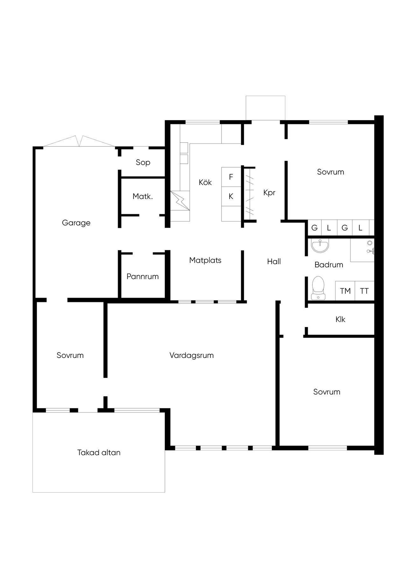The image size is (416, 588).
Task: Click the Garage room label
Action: coord(76,223)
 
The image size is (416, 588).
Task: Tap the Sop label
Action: coord(143,163)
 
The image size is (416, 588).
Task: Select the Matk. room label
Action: coord(143,197)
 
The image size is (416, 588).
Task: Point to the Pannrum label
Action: coord(143,277)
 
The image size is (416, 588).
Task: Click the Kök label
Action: coord(205,182)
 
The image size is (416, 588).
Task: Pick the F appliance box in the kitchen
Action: coord(231,177)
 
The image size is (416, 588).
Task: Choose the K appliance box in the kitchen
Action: coord(231,196)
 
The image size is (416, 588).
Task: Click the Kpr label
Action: coord(269,193)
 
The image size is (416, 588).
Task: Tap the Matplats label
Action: coord(205,260)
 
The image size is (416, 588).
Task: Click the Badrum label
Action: coord(329,265)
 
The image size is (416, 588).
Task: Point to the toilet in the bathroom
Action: coord(318,288)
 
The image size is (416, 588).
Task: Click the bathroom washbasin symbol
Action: coord(320,245)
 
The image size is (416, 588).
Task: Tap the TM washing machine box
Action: coord(345,291)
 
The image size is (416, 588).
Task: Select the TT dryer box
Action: coord(364,291)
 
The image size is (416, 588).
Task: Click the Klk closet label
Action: coord(340,319)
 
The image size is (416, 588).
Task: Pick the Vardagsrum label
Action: coord(192,355)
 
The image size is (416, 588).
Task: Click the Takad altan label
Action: coord(99,453)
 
